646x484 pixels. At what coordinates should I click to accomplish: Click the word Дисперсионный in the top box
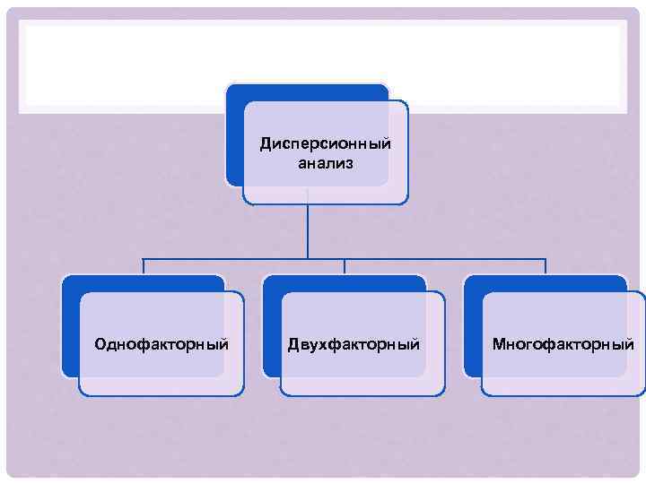point(326,143)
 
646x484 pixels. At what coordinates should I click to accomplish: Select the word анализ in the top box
point(326,164)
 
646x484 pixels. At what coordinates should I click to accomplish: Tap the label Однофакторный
point(161,344)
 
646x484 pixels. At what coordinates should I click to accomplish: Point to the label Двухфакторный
point(354,344)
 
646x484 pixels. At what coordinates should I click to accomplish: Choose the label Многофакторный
point(563,344)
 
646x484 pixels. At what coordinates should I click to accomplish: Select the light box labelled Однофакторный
point(161,376)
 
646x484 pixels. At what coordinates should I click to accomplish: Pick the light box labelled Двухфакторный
point(362,376)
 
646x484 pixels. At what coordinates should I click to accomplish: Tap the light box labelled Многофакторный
point(563,376)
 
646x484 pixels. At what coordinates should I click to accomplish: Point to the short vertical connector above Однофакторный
point(144,266)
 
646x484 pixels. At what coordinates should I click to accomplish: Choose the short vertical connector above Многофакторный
point(546,266)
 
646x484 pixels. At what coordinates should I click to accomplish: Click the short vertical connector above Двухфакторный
point(345,266)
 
